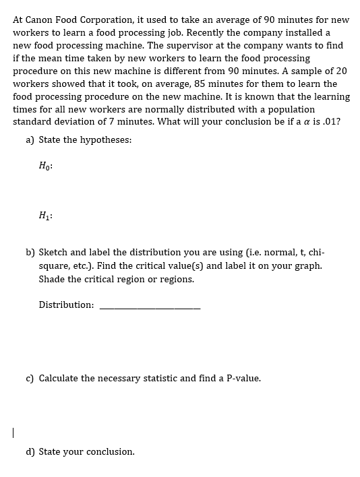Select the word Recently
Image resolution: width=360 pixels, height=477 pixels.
pos(191,32)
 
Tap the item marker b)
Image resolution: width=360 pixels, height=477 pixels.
pos(30,253)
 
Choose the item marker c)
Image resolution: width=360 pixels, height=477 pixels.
pos(30,379)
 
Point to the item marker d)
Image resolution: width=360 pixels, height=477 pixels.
pos(30,451)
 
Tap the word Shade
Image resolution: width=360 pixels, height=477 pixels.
pos(52,279)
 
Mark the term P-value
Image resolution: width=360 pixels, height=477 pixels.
pos(240,379)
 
